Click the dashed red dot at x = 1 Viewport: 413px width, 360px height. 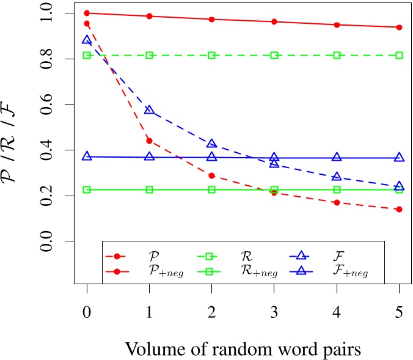(x=149, y=141)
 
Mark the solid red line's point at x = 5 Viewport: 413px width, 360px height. (x=399, y=27)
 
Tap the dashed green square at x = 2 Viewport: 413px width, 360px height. (x=212, y=55)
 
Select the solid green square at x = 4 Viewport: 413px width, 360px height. (x=337, y=189)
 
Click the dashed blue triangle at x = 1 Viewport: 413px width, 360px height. (x=149, y=110)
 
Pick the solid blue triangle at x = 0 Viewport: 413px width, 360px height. (x=87, y=156)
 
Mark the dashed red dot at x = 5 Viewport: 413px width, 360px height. (x=399, y=209)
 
